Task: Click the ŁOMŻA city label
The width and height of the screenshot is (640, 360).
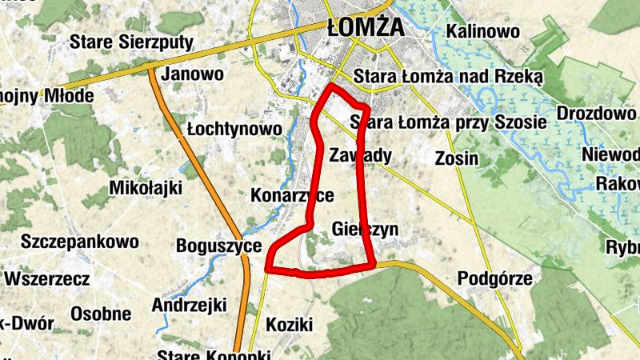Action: pyautogui.click(x=366, y=28)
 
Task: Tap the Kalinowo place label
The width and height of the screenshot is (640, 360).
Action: pyautogui.click(x=483, y=32)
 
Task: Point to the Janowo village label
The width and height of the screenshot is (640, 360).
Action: pyautogui.click(x=192, y=74)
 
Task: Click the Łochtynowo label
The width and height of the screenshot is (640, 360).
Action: pyautogui.click(x=234, y=129)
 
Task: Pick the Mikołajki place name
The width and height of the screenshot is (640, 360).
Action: pyautogui.click(x=145, y=188)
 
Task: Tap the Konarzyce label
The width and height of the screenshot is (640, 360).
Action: pyautogui.click(x=292, y=195)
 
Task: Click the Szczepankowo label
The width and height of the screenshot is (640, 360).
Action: pyautogui.click(x=80, y=241)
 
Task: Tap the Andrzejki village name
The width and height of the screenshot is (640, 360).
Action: pyautogui.click(x=190, y=305)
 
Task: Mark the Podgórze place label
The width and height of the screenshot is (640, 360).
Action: pyautogui.click(x=495, y=278)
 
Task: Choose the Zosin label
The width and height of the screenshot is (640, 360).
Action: pyautogui.click(x=457, y=158)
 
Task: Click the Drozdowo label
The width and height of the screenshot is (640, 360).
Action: pyautogui.click(x=596, y=113)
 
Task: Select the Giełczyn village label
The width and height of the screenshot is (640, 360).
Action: pyautogui.click(x=364, y=230)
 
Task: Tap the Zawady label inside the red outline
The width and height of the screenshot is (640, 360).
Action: pyautogui.click(x=360, y=154)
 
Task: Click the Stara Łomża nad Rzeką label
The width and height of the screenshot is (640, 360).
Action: pyautogui.click(x=448, y=77)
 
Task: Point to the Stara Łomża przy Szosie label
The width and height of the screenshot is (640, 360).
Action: pyautogui.click(x=448, y=122)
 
